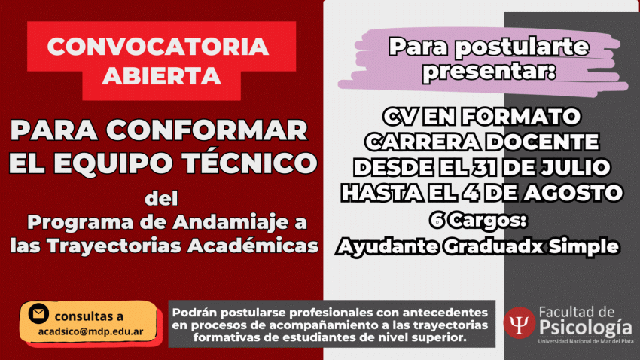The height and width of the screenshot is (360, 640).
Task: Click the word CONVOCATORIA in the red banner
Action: (158, 46)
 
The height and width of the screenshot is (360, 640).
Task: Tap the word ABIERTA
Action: (162, 76)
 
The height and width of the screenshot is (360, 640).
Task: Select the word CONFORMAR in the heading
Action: (207, 130)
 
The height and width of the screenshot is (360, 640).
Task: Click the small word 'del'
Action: (162, 199)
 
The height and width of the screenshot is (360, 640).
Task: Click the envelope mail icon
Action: (38, 313)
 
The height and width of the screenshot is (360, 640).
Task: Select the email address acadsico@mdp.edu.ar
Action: (90, 331)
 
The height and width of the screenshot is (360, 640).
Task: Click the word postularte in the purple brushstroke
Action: (522, 47)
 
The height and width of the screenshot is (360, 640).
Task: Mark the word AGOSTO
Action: (573, 192)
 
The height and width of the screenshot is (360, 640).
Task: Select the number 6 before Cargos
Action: (437, 221)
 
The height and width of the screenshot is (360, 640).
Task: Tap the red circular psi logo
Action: (520, 323)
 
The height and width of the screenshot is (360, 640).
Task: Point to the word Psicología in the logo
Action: (586, 328)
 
